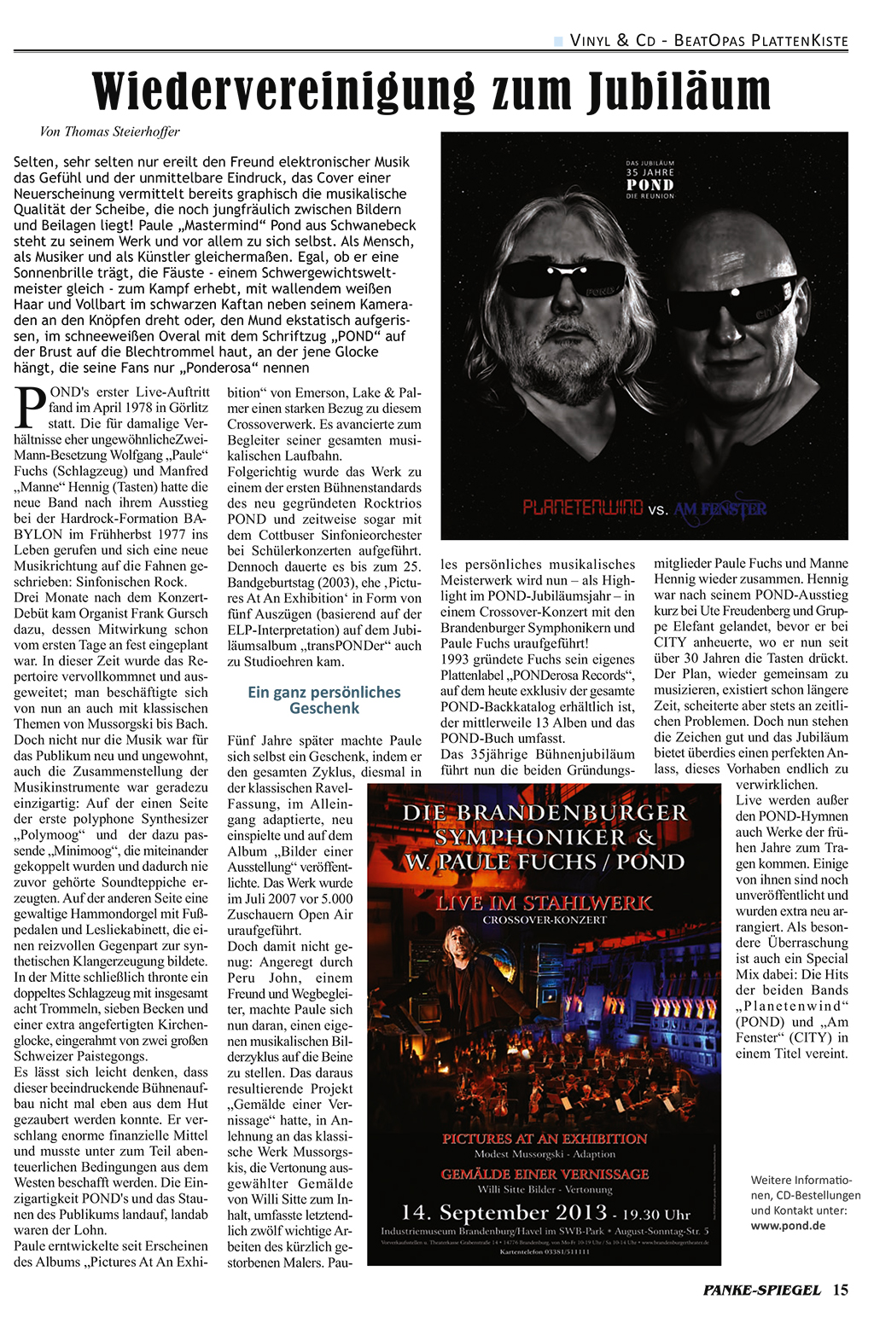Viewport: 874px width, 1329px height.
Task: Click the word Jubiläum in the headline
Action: click(x=679, y=91)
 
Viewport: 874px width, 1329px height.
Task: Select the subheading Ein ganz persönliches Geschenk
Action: click(x=324, y=699)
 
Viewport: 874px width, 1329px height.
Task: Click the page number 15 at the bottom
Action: click(x=841, y=1290)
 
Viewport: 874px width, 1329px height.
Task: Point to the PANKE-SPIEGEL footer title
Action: click(x=762, y=1290)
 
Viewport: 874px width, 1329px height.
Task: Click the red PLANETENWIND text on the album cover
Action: click(x=583, y=508)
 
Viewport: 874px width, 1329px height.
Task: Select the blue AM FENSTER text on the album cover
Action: click(x=720, y=509)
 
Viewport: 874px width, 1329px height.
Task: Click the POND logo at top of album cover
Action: click(x=650, y=184)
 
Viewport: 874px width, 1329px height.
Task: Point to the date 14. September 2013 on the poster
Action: click(x=504, y=1212)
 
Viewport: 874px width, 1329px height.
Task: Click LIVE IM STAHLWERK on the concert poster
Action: click(x=545, y=902)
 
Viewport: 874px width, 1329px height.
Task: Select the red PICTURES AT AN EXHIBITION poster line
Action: click(x=545, y=1138)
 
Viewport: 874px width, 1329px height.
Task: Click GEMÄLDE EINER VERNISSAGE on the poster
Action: click(x=545, y=1174)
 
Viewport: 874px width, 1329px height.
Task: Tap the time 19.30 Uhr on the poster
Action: click(x=656, y=1214)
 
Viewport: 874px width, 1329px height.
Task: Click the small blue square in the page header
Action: click(x=559, y=40)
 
